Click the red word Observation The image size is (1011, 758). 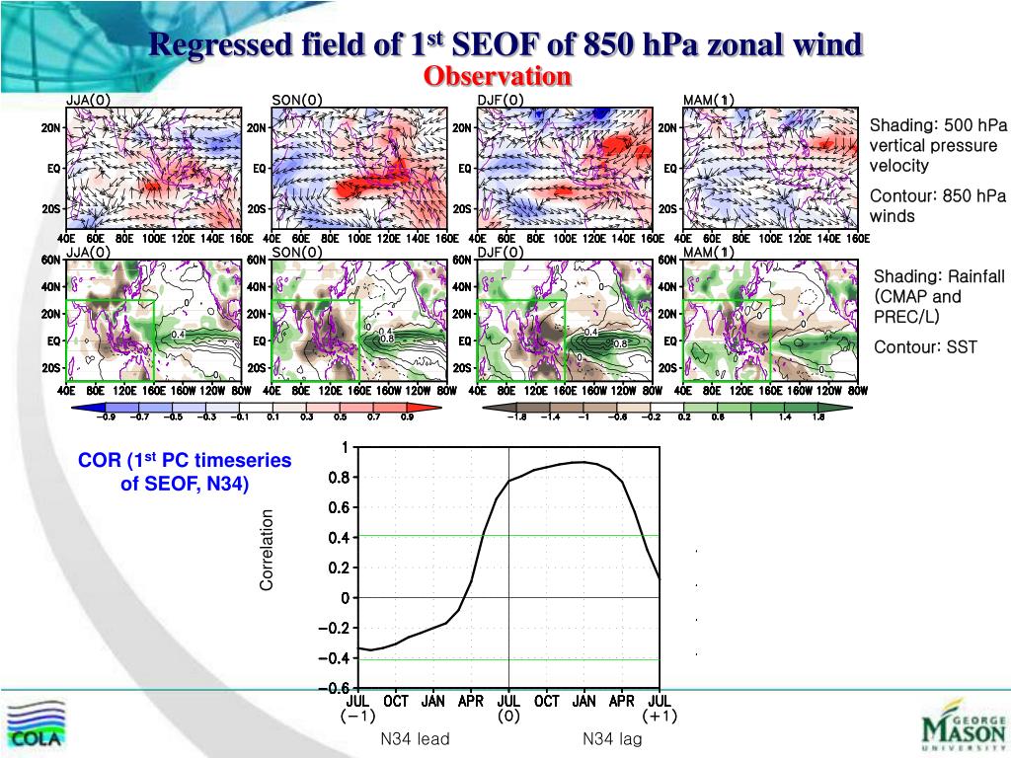point(498,76)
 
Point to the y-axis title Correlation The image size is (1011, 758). point(267,551)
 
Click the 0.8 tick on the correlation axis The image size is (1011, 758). point(338,478)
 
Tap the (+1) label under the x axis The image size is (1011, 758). point(659,717)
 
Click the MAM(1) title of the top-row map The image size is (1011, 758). point(708,100)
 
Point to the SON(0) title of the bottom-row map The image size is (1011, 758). point(297,253)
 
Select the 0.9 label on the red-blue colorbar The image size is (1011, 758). point(406,417)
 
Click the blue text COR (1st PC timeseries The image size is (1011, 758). point(186,460)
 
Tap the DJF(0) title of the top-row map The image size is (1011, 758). point(503,100)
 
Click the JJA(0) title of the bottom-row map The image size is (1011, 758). point(89,253)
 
